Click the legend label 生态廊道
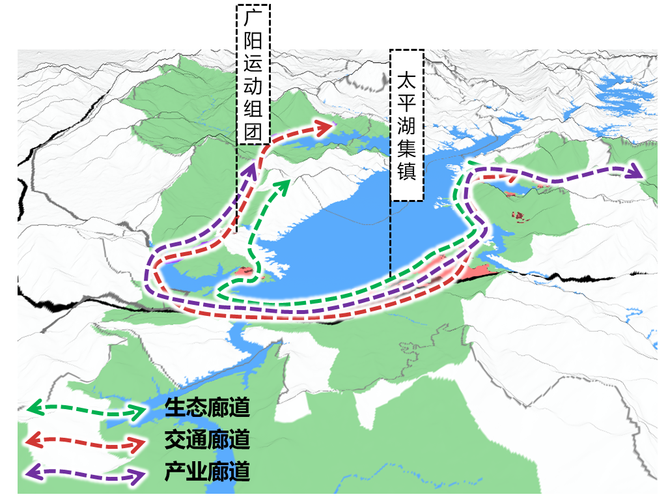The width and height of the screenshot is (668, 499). click(207, 408)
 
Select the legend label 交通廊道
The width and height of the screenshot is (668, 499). click(207, 440)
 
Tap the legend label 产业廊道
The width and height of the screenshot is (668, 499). click(207, 471)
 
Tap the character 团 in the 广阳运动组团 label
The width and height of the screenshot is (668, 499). click(252, 132)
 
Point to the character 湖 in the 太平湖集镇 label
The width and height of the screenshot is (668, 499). click(407, 129)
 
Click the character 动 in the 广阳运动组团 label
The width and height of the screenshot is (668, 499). click(252, 87)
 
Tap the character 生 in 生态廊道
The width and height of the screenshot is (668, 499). click(174, 408)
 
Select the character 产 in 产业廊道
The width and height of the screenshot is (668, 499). click(174, 471)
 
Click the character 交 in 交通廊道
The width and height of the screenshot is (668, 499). click(174, 440)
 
